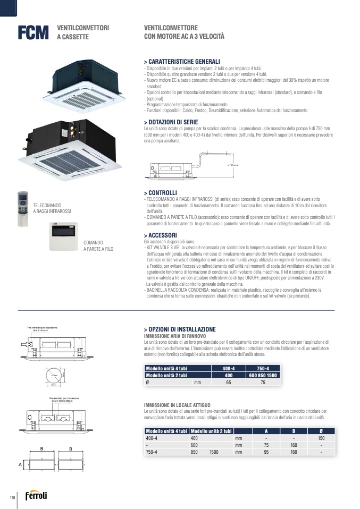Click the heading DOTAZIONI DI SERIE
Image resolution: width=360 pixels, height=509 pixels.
coord(174,122)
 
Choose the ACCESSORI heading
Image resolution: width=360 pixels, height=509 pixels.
coord(161,234)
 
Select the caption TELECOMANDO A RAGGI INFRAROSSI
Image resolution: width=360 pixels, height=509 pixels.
coord(52,208)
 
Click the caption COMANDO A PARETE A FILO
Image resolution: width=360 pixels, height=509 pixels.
coord(98,245)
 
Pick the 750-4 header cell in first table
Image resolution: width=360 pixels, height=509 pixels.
coord(263,368)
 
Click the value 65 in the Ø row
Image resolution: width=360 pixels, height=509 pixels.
coord(228,382)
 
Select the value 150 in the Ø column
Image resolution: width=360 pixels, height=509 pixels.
coord(321,438)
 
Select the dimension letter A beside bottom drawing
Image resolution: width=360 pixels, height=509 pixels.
coord(20,464)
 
